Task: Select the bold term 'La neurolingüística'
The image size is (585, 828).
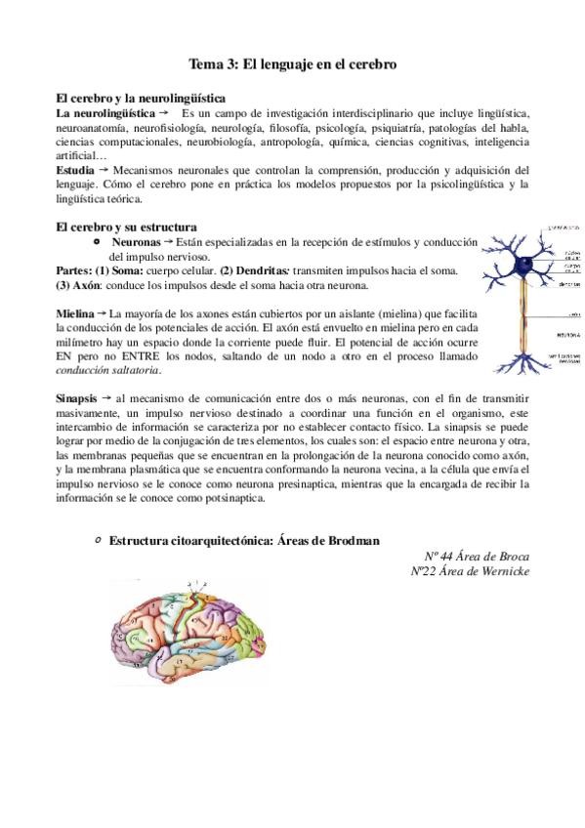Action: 105,114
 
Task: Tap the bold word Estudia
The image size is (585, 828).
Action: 76,170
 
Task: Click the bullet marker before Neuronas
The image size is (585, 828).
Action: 95,240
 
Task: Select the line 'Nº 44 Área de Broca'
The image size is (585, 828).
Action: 473,556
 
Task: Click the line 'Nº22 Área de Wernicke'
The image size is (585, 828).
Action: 471,570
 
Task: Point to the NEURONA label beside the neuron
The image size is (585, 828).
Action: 570,335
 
